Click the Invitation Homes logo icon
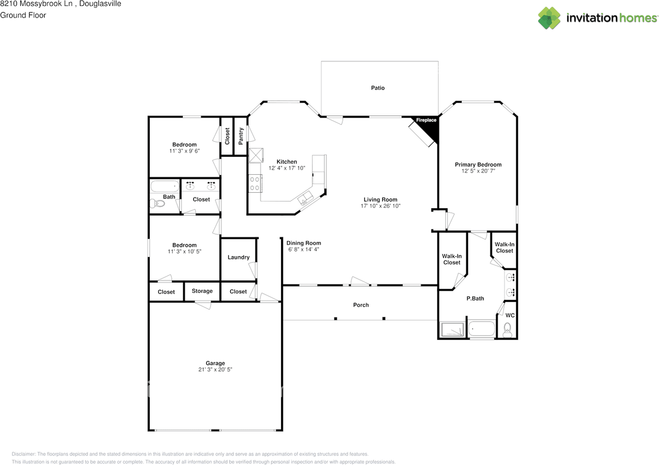549,18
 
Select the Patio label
377,88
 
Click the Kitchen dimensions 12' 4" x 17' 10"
287,168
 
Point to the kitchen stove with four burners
255,183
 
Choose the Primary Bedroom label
478,164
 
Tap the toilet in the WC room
507,329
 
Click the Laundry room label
238,257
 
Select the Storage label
202,291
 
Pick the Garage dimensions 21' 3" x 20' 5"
215,370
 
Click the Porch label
361,305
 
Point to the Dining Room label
304,243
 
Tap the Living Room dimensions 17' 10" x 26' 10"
380,206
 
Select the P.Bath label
475,298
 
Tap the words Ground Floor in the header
23,15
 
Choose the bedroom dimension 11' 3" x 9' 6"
184,151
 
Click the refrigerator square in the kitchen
256,155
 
